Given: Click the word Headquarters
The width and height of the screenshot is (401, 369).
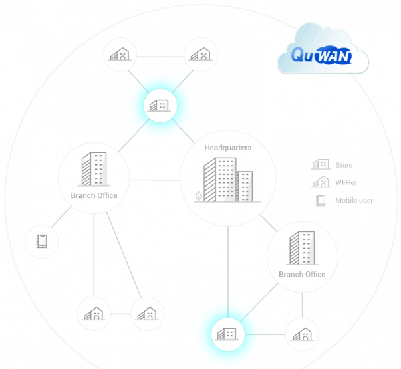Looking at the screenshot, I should tap(227, 148).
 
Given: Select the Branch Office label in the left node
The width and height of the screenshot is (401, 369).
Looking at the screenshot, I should tap(94, 196).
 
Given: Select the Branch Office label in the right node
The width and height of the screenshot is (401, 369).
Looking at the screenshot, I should tap(302, 275).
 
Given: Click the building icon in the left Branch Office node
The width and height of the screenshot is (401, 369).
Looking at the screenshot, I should tap(93, 170).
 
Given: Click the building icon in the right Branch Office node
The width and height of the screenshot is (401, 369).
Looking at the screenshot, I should tap(301, 249).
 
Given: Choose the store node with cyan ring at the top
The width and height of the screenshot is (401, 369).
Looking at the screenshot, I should tap(160, 105).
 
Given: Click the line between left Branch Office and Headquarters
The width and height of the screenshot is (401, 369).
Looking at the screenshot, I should tap(154, 180).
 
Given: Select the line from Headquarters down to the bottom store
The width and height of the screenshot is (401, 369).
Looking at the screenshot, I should tap(227, 267).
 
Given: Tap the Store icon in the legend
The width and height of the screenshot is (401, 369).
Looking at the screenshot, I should tap(321, 165).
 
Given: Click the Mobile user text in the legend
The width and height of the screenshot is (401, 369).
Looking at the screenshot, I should tap(355, 201).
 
